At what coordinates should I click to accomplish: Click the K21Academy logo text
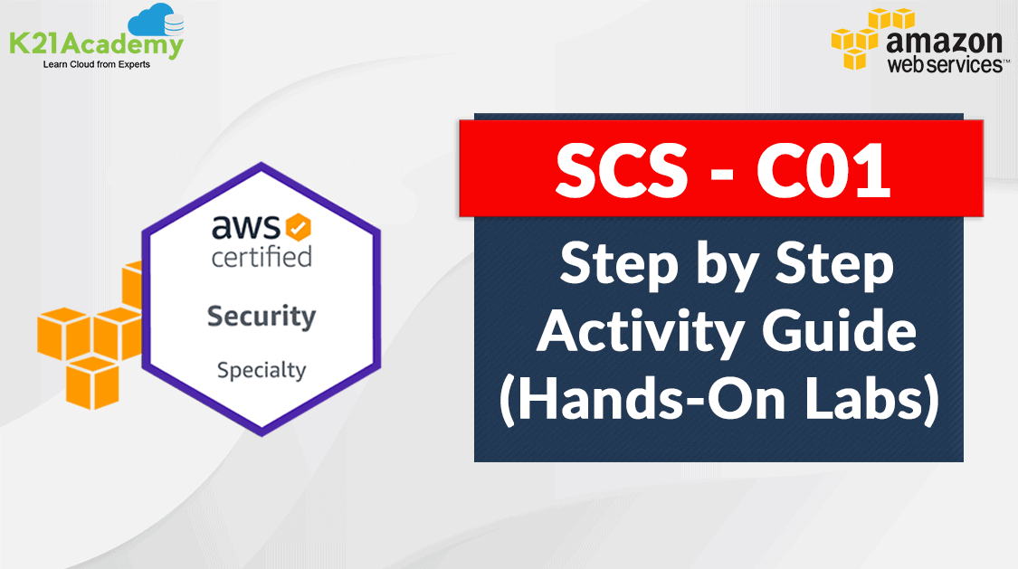(x=95, y=43)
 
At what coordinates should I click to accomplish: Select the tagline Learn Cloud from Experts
(x=97, y=64)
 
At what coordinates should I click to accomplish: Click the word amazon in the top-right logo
(x=943, y=41)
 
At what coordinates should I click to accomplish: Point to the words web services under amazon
(x=943, y=64)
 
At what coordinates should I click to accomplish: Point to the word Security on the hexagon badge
(x=262, y=317)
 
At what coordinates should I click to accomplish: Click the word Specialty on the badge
(x=262, y=370)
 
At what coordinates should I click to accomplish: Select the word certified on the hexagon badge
(x=262, y=256)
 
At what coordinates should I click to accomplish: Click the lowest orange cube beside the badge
(x=93, y=381)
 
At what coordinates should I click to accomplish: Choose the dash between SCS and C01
(x=719, y=174)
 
